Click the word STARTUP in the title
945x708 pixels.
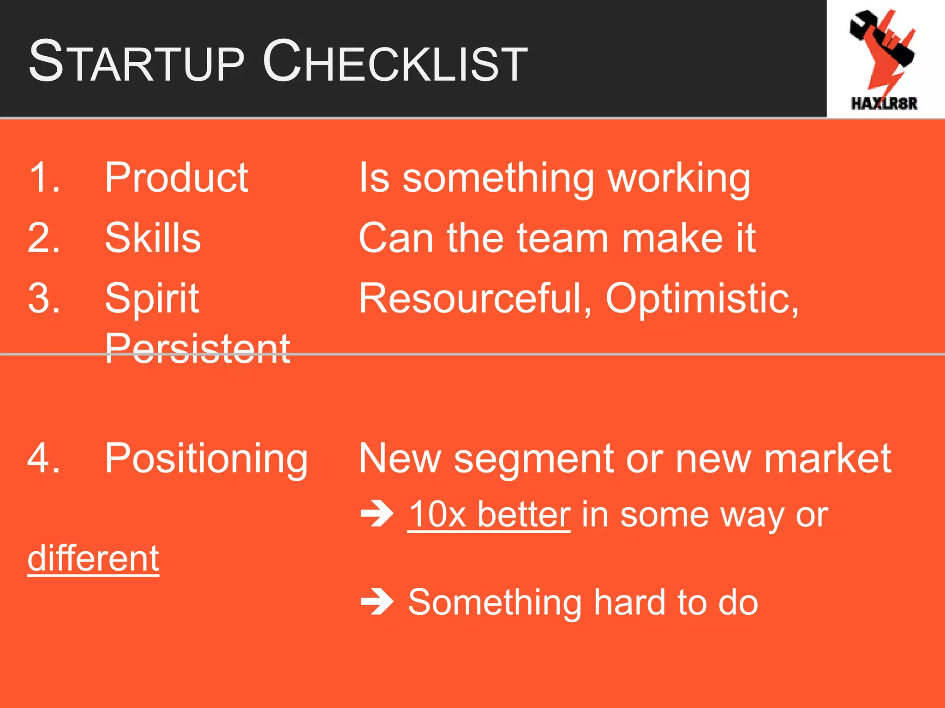(136, 62)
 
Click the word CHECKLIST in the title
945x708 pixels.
(395, 62)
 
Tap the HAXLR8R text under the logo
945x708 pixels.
(884, 103)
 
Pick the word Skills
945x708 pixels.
(153, 238)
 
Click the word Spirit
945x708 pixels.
(152, 299)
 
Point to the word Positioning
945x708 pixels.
(206, 458)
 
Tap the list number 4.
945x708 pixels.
(43, 458)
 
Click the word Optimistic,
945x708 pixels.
(702, 299)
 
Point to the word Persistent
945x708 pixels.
(197, 349)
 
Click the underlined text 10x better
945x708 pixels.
(489, 515)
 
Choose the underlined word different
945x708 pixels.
(93, 559)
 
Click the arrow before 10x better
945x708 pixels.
(377, 514)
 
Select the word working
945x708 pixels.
(679, 179)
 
